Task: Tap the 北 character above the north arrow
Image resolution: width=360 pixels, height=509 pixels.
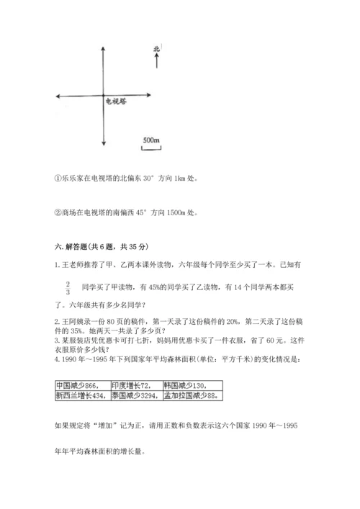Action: point(156,49)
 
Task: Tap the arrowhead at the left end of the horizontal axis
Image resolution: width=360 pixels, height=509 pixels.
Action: point(56,96)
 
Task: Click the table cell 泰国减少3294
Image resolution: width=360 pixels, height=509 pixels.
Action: point(135,395)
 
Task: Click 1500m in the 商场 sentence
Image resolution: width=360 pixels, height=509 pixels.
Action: point(177,212)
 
